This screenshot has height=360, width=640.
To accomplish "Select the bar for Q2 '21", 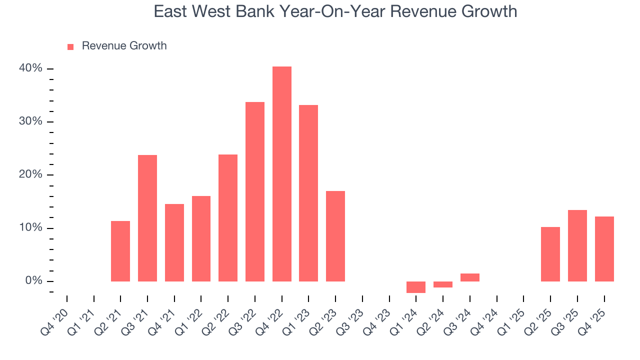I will point(120,251).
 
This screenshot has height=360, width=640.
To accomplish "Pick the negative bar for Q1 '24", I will point(416,287).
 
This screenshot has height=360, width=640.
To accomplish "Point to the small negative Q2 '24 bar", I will point(443,284).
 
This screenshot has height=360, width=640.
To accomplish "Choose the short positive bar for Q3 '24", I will point(470,277).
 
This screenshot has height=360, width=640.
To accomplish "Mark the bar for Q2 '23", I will point(335,236).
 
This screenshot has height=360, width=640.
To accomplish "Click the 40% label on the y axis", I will point(31,68).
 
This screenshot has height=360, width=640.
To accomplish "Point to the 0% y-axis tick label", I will point(34,281).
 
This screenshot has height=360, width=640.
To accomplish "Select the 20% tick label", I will point(31,175).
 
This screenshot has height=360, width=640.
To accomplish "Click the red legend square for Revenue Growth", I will point(70,47).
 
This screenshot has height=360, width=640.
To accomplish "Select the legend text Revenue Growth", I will point(124,46).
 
